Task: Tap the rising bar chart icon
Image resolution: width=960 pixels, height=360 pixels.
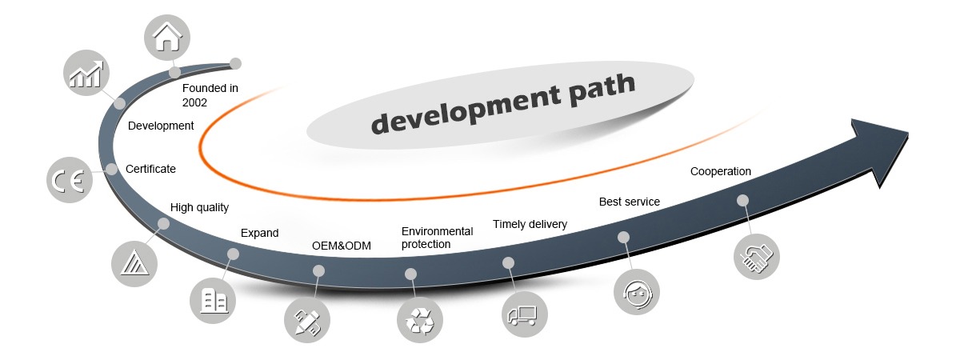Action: click(86, 72)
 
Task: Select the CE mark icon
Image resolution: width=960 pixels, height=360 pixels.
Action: click(68, 181)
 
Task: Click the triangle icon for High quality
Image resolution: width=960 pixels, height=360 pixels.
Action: click(132, 261)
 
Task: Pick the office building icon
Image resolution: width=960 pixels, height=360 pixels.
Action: click(213, 300)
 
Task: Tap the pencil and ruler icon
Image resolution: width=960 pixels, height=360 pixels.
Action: click(307, 321)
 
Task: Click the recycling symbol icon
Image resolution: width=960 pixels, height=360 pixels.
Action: click(419, 320)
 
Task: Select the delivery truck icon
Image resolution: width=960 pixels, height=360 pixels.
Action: click(524, 312)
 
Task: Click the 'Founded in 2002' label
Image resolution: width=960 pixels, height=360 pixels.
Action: click(210, 95)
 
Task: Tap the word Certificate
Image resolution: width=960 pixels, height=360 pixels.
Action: click(150, 169)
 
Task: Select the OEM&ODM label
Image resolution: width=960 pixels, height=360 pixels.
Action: click(341, 246)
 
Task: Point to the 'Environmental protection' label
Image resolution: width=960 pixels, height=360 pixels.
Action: click(437, 238)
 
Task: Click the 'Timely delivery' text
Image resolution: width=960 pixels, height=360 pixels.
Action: click(530, 224)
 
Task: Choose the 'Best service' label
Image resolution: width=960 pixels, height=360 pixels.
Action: click(630, 202)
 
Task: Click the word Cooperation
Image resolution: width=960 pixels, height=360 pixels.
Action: click(721, 171)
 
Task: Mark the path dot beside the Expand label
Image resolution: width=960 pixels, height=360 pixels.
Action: click(234, 254)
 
